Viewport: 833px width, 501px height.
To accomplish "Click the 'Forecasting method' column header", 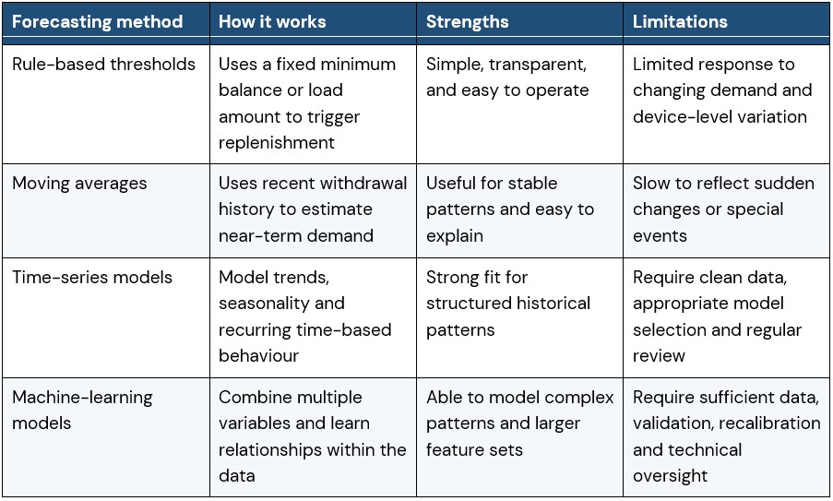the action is pyautogui.click(x=97, y=22).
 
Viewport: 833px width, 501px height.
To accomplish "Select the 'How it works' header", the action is pyautogui.click(x=272, y=22).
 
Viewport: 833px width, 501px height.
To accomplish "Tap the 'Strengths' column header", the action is pyautogui.click(x=467, y=22).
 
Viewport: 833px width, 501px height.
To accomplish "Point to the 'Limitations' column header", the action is pyautogui.click(x=680, y=22).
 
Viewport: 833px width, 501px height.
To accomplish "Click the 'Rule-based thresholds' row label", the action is pyautogui.click(x=103, y=65).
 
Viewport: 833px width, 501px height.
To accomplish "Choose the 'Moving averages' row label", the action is pyautogui.click(x=79, y=184).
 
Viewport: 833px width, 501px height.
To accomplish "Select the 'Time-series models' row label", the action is pyautogui.click(x=92, y=278).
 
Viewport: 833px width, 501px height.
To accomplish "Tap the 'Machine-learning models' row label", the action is pyautogui.click(x=82, y=411).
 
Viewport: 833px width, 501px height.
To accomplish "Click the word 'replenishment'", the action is pyautogui.click(x=276, y=143).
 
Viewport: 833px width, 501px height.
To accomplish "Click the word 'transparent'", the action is pyautogui.click(x=537, y=65).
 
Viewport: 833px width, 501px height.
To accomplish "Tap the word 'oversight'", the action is pyautogui.click(x=670, y=476).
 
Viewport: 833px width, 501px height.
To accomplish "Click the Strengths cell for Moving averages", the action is pyautogui.click(x=509, y=209).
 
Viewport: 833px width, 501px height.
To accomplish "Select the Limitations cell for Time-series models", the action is pyautogui.click(x=717, y=316).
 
